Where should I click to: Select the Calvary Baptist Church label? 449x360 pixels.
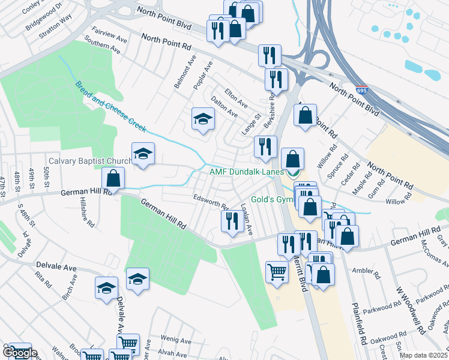click(90, 161)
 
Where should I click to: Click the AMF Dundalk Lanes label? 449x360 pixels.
click(246, 172)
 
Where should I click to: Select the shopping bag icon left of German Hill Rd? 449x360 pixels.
click(113, 178)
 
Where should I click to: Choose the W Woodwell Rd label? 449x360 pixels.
click(405, 304)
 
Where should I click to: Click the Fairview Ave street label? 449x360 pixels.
click(109, 33)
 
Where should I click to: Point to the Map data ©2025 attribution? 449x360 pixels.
click(423, 355)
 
